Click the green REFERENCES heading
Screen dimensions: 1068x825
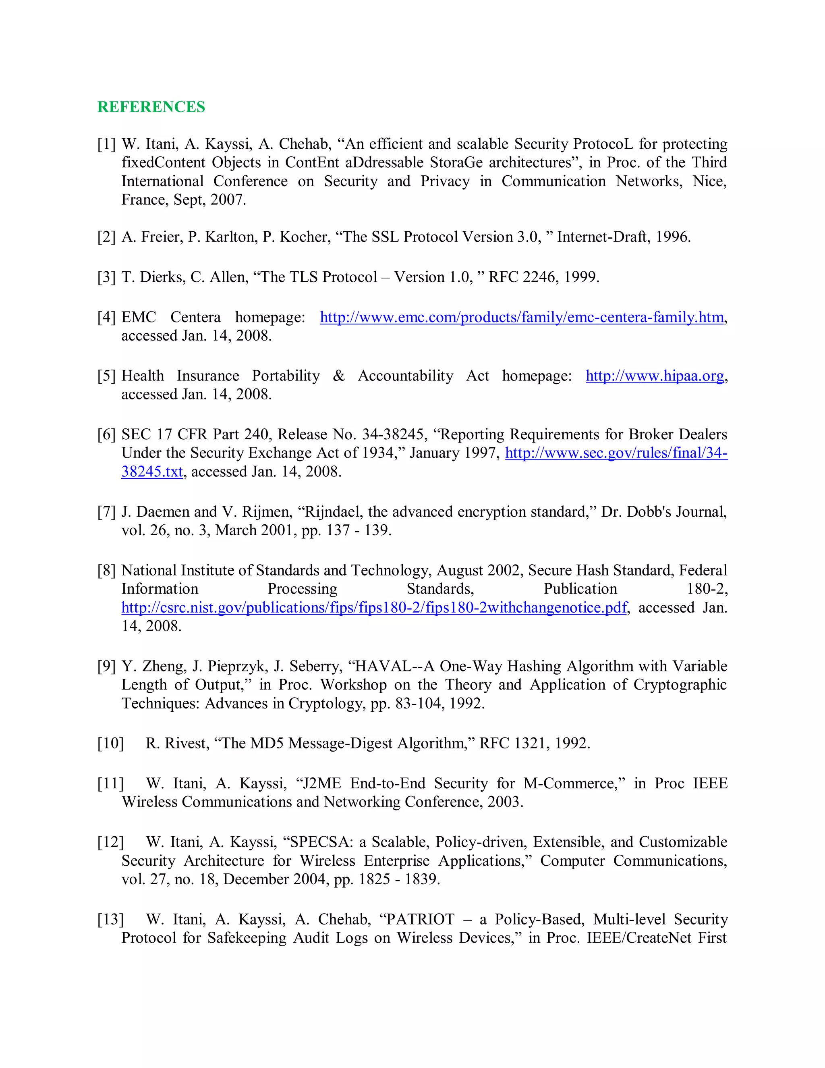(151, 107)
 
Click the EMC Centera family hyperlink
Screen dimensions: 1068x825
(522, 317)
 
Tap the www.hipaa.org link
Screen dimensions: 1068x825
(655, 376)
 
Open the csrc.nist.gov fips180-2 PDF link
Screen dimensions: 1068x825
(374, 607)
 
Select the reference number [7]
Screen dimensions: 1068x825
(106, 512)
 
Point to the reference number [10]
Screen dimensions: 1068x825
(110, 743)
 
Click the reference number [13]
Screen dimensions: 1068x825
(110, 919)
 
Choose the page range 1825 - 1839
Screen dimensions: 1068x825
(399, 879)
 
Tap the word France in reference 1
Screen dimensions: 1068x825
(145, 200)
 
